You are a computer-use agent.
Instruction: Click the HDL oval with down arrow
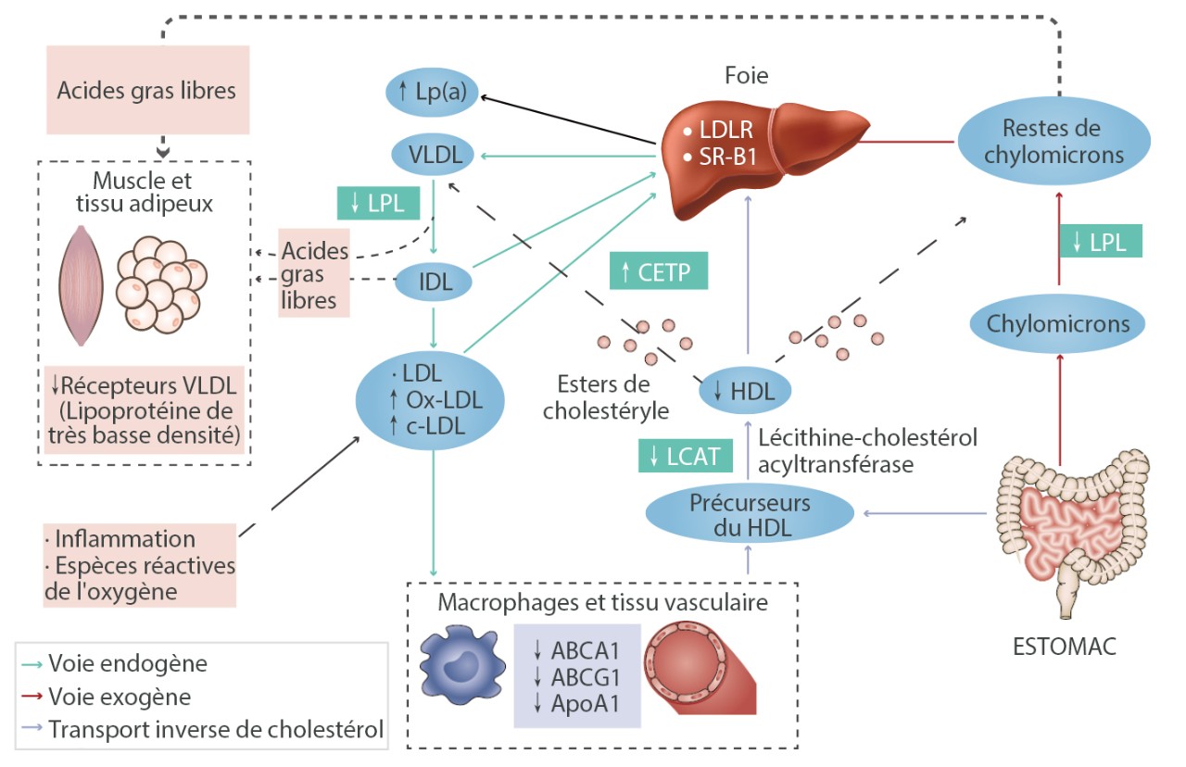click(745, 390)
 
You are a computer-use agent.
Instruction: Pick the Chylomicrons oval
click(1057, 324)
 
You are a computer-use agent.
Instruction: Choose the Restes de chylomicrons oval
click(1054, 142)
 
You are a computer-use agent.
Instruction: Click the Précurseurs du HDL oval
click(750, 516)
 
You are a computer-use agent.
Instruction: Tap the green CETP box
click(658, 270)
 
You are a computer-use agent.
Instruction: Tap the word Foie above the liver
click(749, 76)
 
